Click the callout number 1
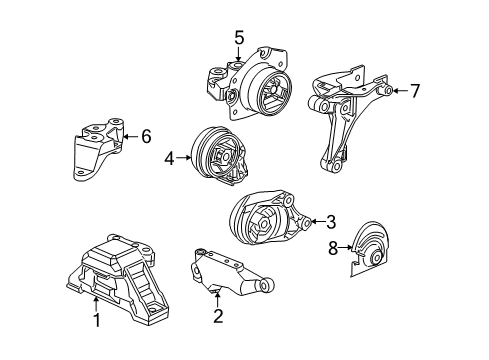(x=97, y=320)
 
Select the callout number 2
(x=218, y=316)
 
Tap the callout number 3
(x=331, y=222)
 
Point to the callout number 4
(x=169, y=158)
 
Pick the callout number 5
(x=239, y=37)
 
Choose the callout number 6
(x=146, y=136)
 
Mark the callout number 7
(x=415, y=91)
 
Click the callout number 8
(x=333, y=248)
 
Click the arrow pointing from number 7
(x=400, y=90)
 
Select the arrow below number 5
(x=238, y=54)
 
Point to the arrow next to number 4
(x=184, y=158)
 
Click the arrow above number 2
(x=217, y=298)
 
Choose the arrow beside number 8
(x=346, y=247)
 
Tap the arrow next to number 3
(x=318, y=221)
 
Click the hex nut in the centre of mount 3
(x=263, y=223)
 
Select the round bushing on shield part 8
(x=376, y=257)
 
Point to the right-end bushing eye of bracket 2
(x=267, y=284)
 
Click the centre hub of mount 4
(x=223, y=156)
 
